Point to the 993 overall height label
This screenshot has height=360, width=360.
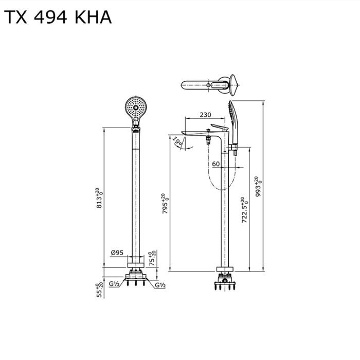[260, 185]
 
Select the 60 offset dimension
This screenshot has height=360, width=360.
[216, 164]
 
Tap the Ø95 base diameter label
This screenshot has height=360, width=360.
[117, 253]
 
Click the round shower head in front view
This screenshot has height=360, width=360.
[135, 108]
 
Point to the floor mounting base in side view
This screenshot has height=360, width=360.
[225, 280]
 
